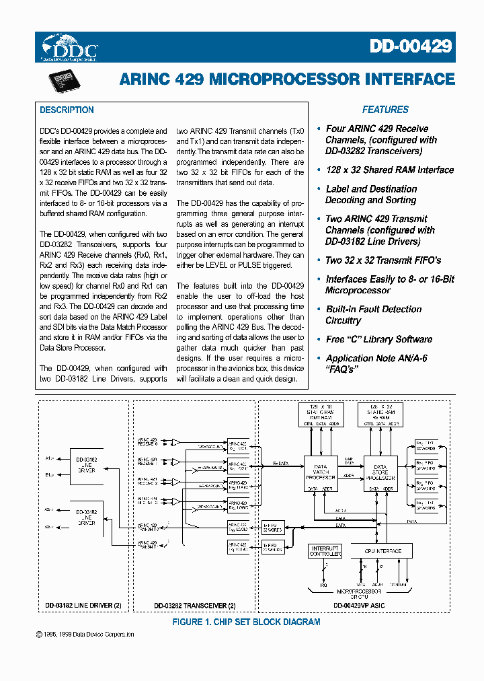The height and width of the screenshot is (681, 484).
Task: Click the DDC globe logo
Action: point(69,46)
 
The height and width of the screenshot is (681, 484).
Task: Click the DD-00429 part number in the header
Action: point(411,46)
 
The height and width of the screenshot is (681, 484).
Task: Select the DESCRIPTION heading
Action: point(67,110)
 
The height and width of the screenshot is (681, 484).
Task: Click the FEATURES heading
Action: point(385,110)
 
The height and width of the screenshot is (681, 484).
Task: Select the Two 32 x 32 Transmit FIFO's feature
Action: point(383,260)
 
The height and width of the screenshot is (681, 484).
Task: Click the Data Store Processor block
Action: point(380,472)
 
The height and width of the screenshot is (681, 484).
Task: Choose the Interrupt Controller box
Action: point(325,551)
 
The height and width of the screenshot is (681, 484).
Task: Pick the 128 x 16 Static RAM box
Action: point(321,415)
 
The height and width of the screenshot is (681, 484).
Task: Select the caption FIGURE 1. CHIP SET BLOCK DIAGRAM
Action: point(246,622)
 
